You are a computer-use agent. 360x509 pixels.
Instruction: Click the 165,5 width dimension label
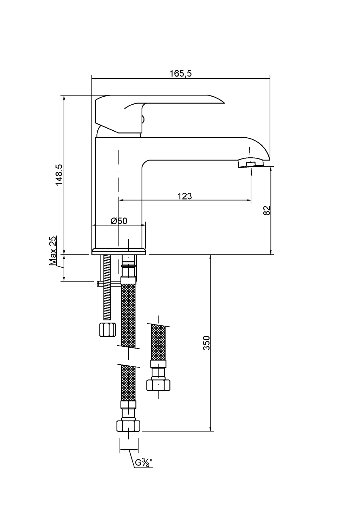click(x=180, y=73)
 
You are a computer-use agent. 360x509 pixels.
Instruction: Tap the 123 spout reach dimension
click(x=185, y=196)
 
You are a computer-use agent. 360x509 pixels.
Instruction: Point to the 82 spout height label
click(x=266, y=210)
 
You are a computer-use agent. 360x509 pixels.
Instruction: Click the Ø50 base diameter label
click(x=118, y=221)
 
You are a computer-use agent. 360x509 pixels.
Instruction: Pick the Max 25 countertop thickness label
click(x=53, y=250)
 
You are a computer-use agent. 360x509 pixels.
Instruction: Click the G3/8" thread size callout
click(x=144, y=463)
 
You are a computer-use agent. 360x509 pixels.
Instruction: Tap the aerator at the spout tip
click(x=251, y=163)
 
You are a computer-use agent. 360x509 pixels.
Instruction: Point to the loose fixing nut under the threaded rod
click(x=106, y=329)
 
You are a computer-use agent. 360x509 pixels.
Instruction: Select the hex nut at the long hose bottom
click(x=128, y=426)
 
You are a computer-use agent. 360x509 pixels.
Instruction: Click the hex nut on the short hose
click(x=158, y=385)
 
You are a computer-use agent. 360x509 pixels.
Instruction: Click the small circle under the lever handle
click(x=142, y=120)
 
